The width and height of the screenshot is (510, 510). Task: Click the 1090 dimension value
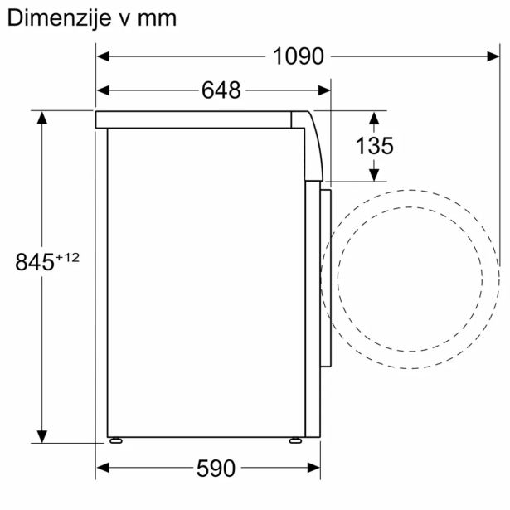298,56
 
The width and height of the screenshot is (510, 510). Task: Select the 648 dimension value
221,90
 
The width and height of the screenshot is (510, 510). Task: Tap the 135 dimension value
374,146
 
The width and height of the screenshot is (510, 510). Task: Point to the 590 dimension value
216,469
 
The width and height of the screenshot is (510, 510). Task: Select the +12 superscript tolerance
68,257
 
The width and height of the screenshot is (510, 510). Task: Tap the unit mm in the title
158,18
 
